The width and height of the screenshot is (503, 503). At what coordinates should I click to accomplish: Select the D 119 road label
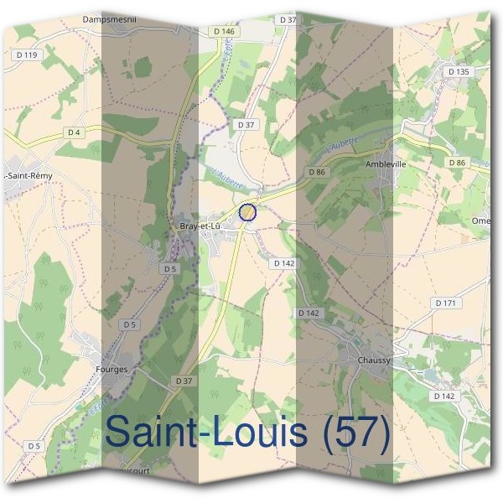[27, 55]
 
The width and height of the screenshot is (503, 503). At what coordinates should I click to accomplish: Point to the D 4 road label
[75, 132]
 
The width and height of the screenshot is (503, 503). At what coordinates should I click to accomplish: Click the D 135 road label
[458, 72]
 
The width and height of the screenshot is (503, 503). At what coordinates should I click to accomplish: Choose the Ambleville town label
[386, 164]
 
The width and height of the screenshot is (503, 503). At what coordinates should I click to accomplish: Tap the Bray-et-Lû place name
[200, 226]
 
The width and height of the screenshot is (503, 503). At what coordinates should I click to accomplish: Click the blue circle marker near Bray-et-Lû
[246, 212]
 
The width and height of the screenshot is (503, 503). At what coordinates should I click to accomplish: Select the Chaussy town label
[375, 360]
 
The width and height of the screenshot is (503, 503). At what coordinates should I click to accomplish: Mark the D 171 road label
[444, 302]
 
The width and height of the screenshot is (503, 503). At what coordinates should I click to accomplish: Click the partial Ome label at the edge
[481, 220]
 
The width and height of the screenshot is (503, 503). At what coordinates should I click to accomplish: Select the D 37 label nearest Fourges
[184, 381]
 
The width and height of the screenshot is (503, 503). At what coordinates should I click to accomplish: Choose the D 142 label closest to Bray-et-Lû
[283, 262]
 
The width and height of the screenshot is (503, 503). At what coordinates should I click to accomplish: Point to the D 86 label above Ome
[457, 163]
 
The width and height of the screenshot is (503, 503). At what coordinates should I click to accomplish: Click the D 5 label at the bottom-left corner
[33, 445]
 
